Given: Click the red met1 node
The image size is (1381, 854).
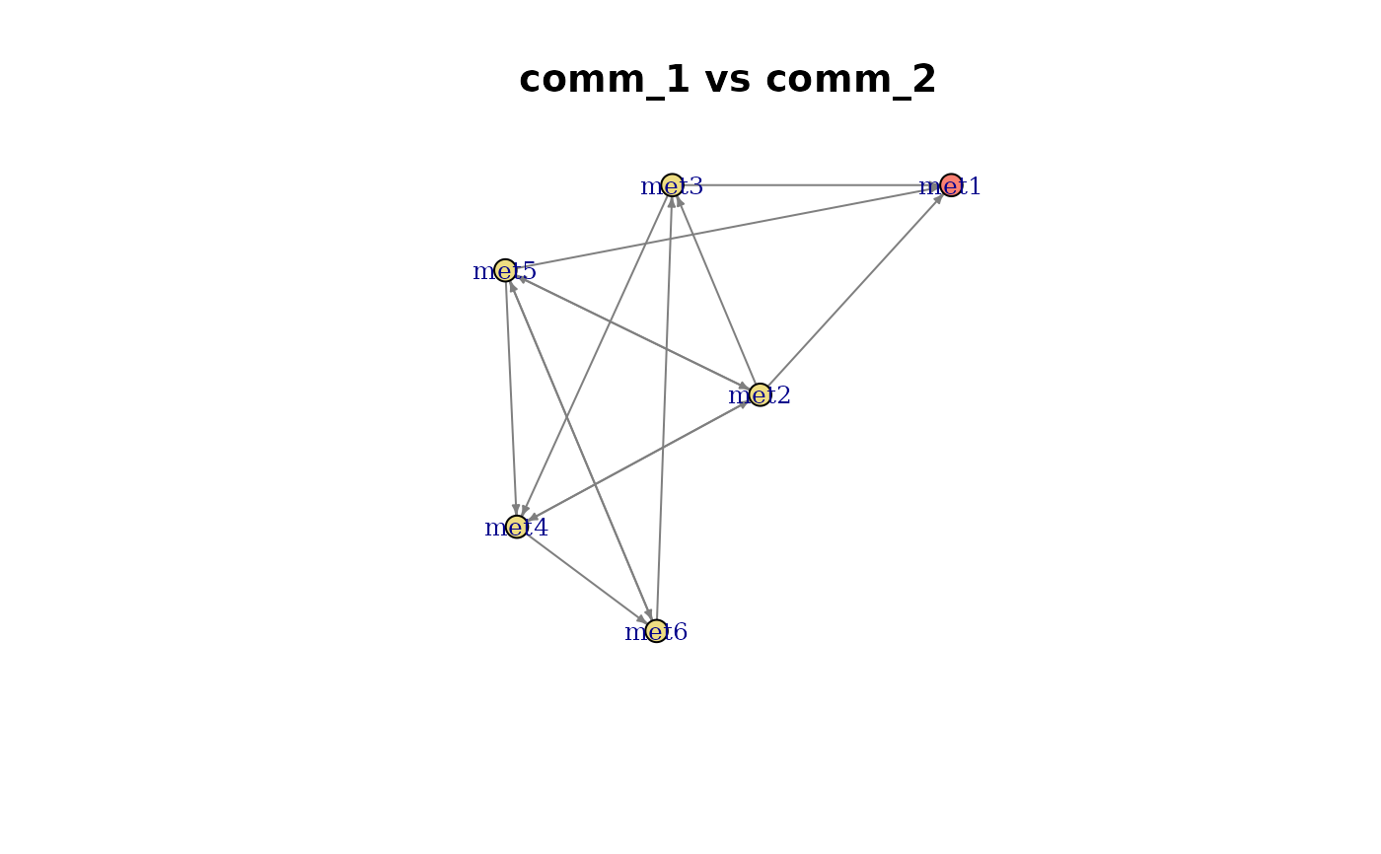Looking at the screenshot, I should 951,185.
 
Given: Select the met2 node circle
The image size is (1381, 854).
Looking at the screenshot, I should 760,394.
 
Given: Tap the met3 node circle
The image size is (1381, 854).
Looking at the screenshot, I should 672,185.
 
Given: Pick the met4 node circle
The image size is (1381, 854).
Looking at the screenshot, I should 517,527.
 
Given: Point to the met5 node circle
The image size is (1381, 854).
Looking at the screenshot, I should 505,270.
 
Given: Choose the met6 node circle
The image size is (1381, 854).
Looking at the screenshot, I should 656,631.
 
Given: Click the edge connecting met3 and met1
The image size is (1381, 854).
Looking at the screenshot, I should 811,185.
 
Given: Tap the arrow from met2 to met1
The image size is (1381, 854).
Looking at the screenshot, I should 855,290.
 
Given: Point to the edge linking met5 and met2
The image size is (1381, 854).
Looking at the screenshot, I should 632,332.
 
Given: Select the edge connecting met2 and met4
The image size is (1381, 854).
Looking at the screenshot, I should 638,461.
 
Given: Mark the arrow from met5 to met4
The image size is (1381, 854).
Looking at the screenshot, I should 511,398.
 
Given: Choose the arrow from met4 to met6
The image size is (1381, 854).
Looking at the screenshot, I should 586,579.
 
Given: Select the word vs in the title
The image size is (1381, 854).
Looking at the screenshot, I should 728,80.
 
